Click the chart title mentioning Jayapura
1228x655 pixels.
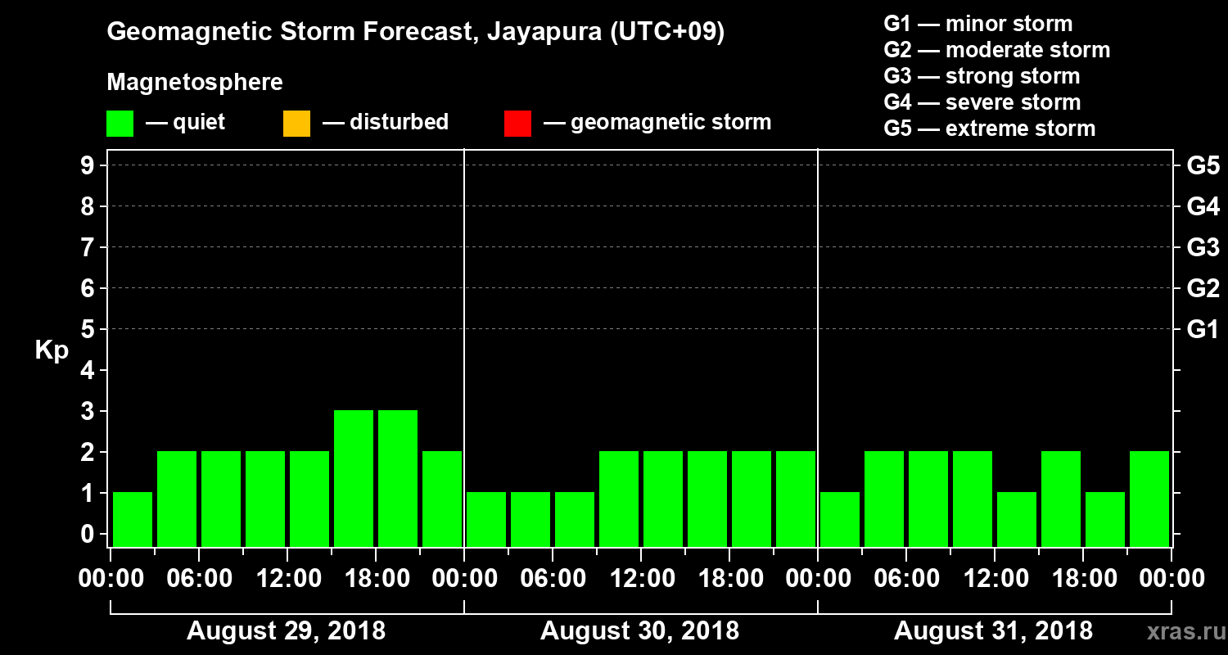tap(416, 33)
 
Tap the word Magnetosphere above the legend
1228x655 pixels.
tap(195, 83)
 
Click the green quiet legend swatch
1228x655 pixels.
tap(120, 123)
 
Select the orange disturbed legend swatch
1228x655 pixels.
tap(296, 123)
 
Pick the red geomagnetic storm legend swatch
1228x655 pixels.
tap(517, 123)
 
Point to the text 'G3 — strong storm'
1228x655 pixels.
tap(982, 76)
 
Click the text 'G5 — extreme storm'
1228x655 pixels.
tap(989, 129)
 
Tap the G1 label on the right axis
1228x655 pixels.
tap(1203, 330)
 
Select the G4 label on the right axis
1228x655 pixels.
tap(1203, 206)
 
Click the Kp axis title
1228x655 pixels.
tap(52, 350)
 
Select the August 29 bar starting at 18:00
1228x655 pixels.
tap(398, 478)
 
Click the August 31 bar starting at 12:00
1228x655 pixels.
tap(1017, 519)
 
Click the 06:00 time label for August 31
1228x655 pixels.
tap(906, 579)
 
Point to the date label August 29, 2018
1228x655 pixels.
tap(287, 631)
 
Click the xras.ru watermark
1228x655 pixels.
tap(1179, 631)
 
